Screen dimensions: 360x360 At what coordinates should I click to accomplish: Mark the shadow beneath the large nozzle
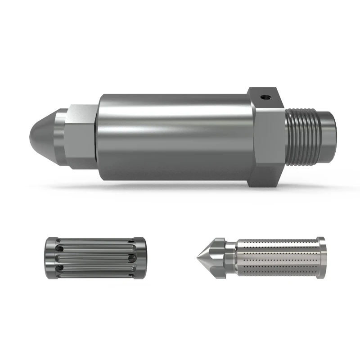[180, 185]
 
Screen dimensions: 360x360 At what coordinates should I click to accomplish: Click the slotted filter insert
[94, 258]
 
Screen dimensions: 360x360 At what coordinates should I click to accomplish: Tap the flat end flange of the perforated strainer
[321, 258]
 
